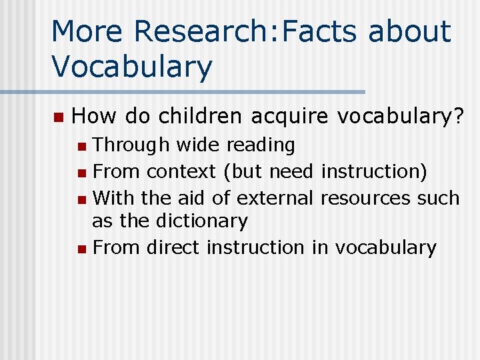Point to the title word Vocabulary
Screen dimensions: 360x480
pyautogui.click(x=132, y=67)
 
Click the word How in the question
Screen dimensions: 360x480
pyautogui.click(x=94, y=117)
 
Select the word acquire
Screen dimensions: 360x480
pyautogui.click(x=290, y=118)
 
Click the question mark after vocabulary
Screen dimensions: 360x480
pyautogui.click(x=458, y=117)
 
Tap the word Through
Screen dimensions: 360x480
pyautogui.click(x=127, y=145)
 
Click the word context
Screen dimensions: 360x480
pyautogui.click(x=181, y=171)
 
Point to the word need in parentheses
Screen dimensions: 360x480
pyautogui.click(x=291, y=171)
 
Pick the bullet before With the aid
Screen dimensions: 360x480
pyautogui.click(x=81, y=199)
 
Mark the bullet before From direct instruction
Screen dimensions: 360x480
pyautogui.click(x=81, y=249)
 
